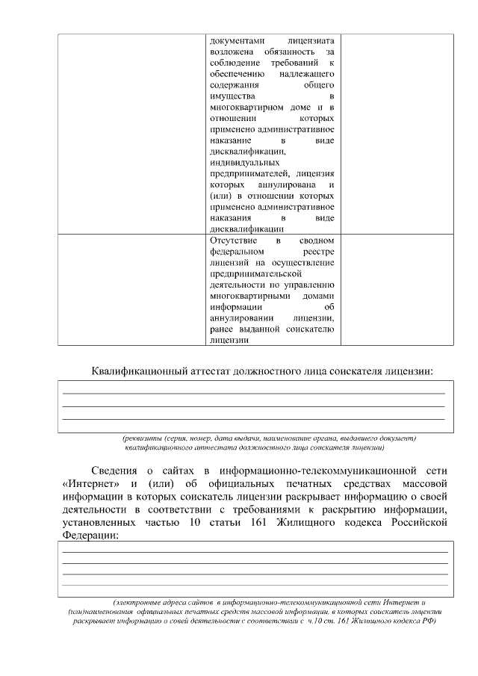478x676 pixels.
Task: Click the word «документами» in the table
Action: tap(235, 38)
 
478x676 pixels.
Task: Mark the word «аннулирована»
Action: tap(288, 184)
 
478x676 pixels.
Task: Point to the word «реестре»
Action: tap(319, 252)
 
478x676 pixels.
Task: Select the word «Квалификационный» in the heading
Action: tap(141, 370)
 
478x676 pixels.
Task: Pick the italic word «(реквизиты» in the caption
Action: tap(142, 438)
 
